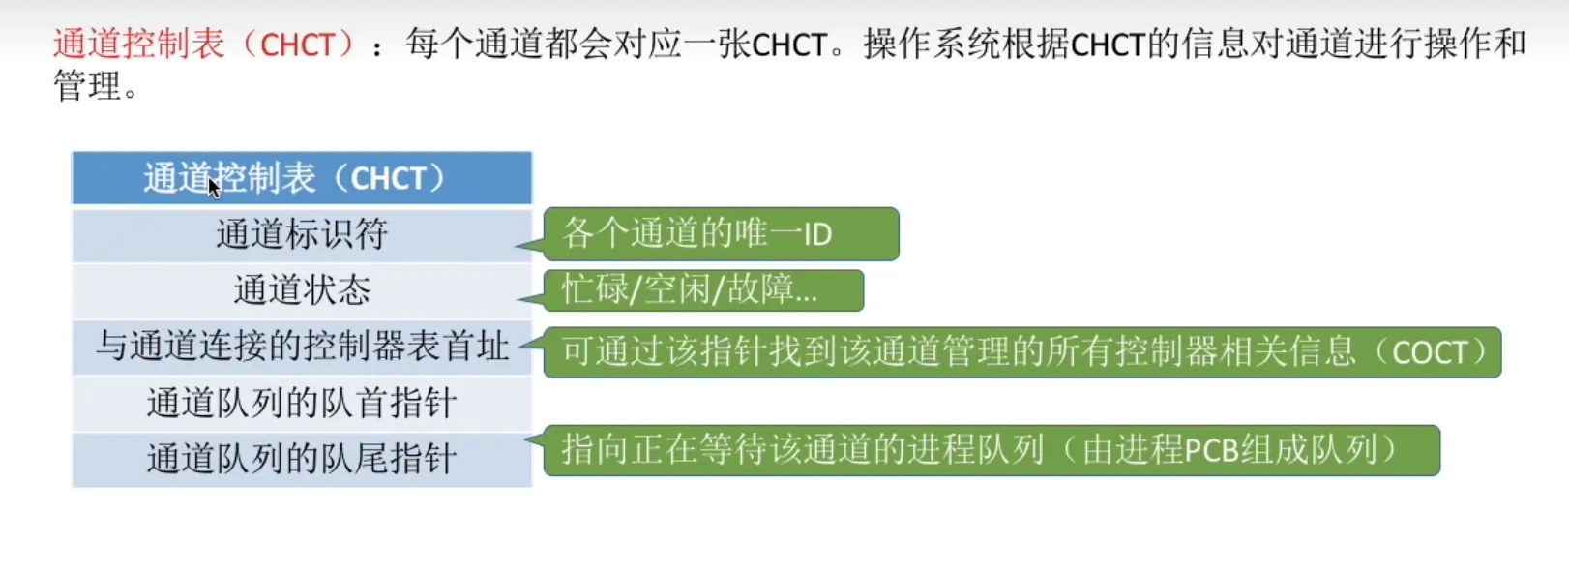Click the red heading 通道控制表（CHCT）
[x=205, y=45]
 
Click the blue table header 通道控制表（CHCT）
[x=302, y=178]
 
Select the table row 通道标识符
[x=302, y=234]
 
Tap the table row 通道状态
[x=302, y=290]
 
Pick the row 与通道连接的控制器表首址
[x=302, y=347]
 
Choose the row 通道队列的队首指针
[x=302, y=404]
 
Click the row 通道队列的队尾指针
[x=302, y=459]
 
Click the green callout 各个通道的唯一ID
[x=721, y=233]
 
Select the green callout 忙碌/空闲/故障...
[x=703, y=290]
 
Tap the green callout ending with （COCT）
[x=1021, y=352]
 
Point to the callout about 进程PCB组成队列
[x=992, y=450]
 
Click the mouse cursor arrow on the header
[x=214, y=187]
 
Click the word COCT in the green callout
[x=1429, y=352]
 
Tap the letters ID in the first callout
[x=817, y=234]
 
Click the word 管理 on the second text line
[x=88, y=86]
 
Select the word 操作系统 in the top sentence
[x=932, y=45]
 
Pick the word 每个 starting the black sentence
[x=440, y=45]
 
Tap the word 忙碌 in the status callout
[x=595, y=288]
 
